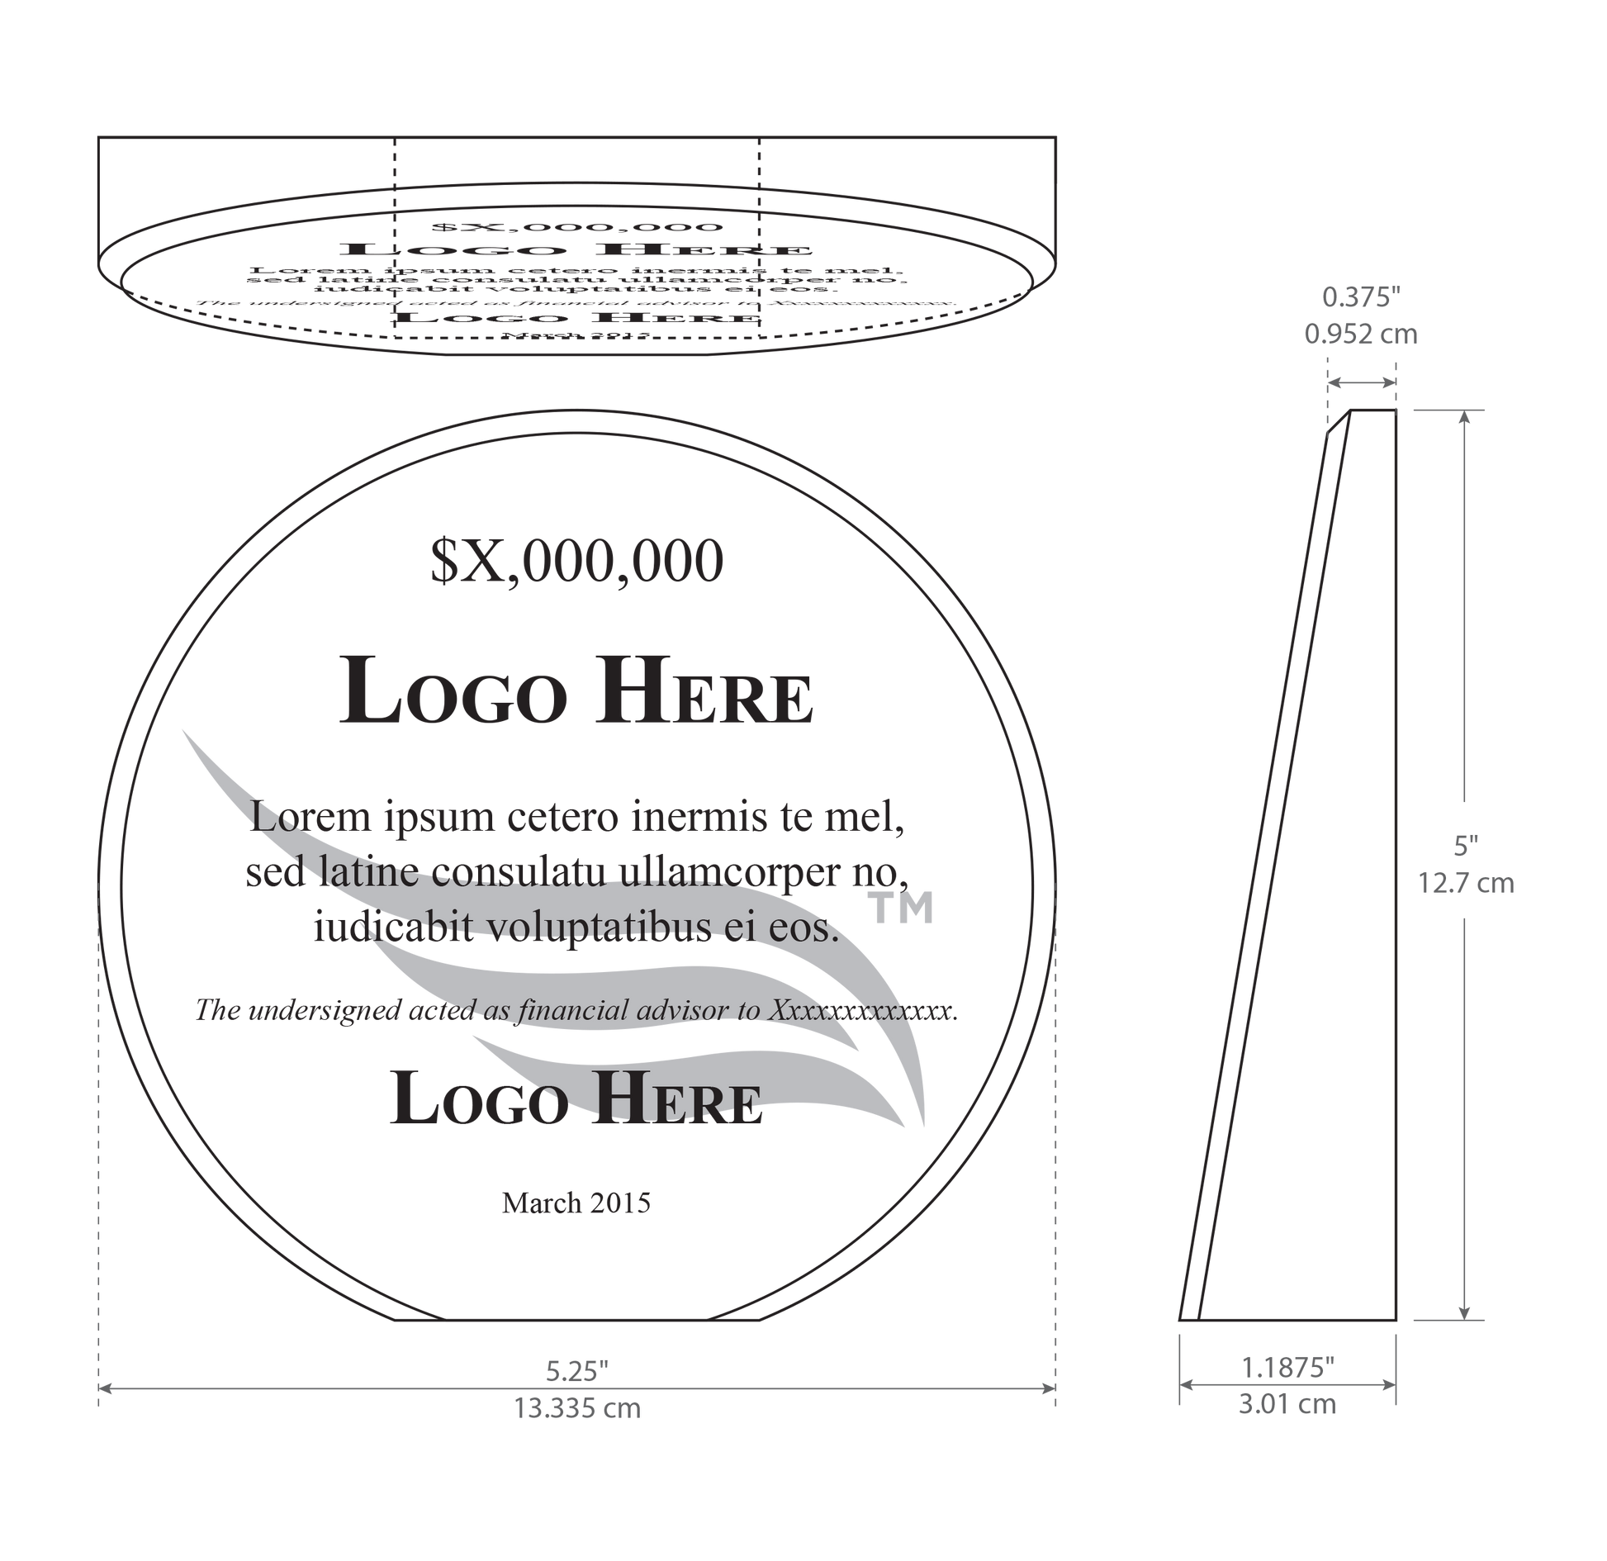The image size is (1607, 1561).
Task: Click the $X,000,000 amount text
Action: pos(576,562)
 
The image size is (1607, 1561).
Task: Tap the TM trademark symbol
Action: pos(903,908)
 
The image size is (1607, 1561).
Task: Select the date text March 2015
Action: pos(576,1202)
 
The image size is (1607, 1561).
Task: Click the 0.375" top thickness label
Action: pos(1360,297)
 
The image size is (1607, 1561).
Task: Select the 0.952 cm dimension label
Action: pos(1360,334)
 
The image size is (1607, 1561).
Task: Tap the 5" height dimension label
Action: pos(1466,845)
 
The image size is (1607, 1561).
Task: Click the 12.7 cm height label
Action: pos(1466,884)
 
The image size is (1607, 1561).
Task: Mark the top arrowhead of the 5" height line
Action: pos(1464,418)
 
